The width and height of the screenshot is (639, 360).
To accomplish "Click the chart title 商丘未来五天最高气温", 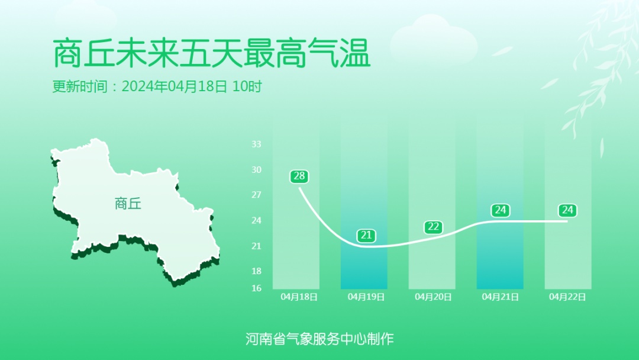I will [212, 54].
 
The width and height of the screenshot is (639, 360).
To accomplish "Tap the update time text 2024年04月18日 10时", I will [192, 86].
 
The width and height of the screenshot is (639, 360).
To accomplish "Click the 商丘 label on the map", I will [128, 204].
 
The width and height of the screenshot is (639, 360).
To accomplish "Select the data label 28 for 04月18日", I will [299, 176].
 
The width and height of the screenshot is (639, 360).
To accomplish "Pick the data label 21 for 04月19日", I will [366, 236].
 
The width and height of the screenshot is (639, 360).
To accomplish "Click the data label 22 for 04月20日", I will [434, 227].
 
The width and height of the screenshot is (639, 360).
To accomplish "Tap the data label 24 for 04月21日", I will [501, 210].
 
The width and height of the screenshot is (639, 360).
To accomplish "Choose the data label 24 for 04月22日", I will [567, 210].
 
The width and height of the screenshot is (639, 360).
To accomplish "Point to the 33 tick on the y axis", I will [256, 144].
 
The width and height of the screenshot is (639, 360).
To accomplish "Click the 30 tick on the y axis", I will [256, 170].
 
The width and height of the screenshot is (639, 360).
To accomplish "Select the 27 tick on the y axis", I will [256, 195].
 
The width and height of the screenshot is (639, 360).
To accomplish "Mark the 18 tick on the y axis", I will [256, 271].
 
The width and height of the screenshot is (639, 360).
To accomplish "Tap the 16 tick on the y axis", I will [256, 288].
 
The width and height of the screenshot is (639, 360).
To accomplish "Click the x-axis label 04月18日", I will [299, 297].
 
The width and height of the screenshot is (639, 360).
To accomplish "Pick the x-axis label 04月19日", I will [366, 297].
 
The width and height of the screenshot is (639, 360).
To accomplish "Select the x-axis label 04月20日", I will [434, 297].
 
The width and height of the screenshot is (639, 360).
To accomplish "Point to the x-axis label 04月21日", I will [501, 297].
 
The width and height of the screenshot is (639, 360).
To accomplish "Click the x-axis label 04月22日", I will [567, 297].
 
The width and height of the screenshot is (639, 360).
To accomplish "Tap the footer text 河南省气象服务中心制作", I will [319, 339].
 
